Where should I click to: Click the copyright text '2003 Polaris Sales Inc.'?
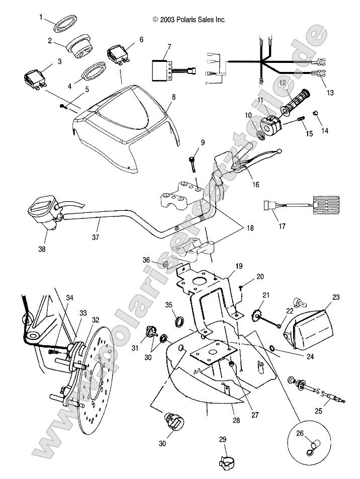point(189,20)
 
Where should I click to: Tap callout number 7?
point(169,47)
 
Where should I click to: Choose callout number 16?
point(255,185)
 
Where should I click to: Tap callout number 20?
point(260,277)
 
